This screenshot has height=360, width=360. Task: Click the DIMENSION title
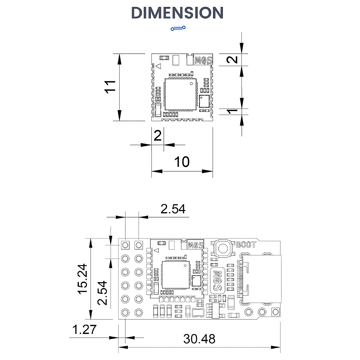(177, 13)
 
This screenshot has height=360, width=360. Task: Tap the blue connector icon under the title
(178, 28)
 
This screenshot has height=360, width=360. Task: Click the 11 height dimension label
(110, 87)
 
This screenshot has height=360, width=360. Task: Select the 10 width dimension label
(182, 162)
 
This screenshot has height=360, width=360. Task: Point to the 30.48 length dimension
(199, 339)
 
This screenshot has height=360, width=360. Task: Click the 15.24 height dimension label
(82, 279)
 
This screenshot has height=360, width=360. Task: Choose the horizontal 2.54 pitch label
(173, 209)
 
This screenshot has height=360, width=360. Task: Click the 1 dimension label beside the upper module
(232, 112)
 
